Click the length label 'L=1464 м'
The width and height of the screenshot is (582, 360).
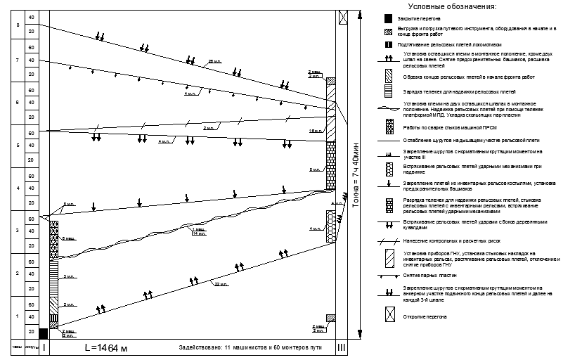tap(107, 348)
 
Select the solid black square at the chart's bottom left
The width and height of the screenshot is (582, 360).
tap(44, 333)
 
